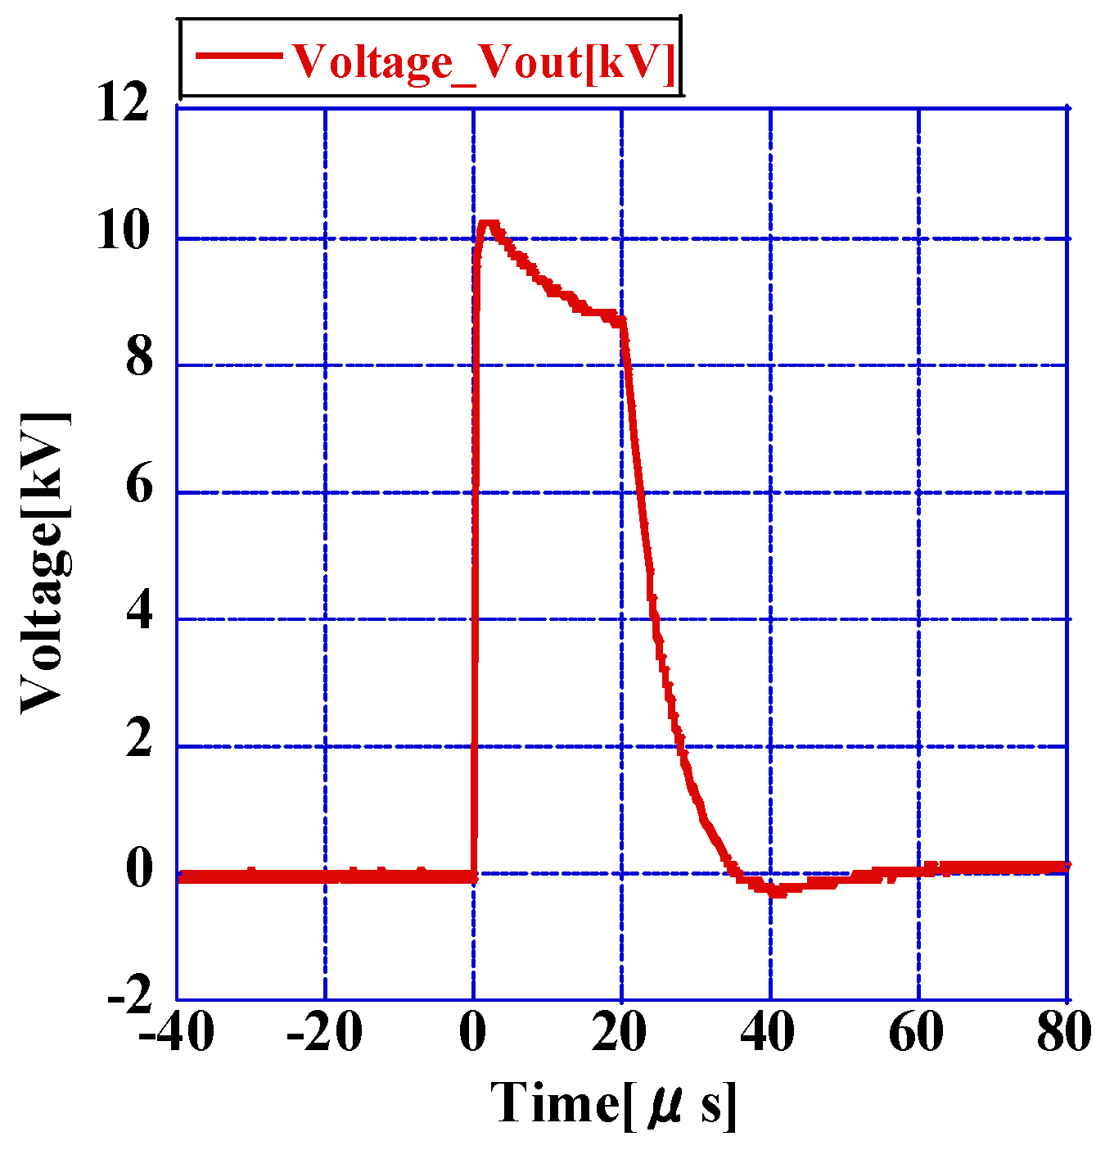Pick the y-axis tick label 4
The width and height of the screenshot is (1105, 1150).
tap(139, 613)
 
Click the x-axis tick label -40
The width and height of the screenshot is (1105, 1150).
tap(176, 1034)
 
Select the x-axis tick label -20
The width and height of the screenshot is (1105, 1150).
tap(324, 1034)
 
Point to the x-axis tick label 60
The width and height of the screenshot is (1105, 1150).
tap(918, 1034)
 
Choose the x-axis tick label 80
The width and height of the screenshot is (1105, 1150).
tap(1064, 1034)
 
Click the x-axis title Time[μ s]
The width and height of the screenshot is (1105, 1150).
tap(614, 1103)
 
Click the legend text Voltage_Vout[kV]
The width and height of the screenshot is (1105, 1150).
tap(483, 61)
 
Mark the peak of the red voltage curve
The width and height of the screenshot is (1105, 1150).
tap(489, 224)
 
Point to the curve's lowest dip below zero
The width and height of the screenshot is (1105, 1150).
tap(776, 891)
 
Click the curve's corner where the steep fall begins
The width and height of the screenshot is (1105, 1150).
tap(623, 320)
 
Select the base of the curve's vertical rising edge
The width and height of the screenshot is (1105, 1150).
tap(473, 876)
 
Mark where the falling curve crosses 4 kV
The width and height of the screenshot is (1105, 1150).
tap(654, 619)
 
